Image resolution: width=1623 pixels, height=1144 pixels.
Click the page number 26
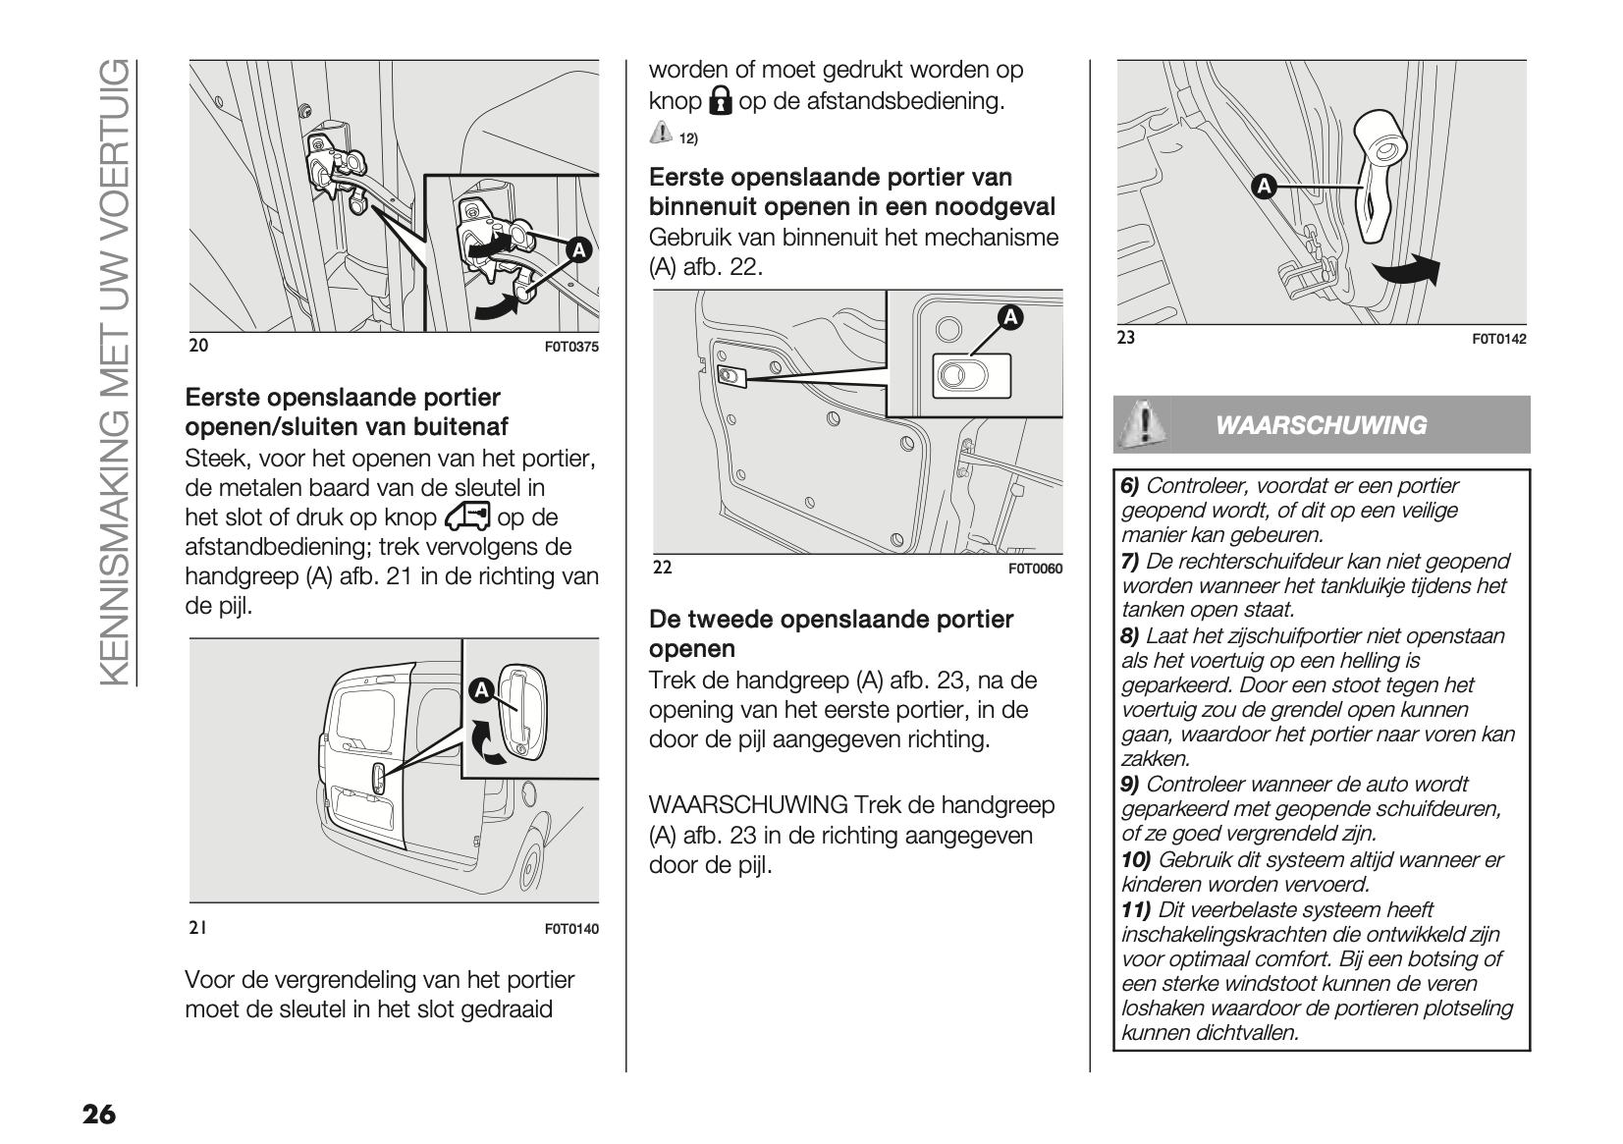(98, 1115)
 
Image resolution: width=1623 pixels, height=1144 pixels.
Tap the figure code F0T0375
(570, 347)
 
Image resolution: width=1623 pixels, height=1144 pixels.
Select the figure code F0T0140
(570, 929)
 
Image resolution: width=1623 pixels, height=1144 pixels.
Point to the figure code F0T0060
(1035, 569)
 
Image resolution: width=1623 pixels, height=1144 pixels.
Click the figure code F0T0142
(1499, 340)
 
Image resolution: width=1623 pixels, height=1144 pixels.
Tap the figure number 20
(198, 346)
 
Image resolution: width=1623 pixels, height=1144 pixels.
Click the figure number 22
(662, 568)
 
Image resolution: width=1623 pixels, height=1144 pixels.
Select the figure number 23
(1126, 338)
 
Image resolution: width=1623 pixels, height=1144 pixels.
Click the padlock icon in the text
(721, 101)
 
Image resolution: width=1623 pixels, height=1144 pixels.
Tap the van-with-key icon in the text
(466, 517)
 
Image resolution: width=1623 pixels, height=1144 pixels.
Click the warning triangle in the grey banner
(1143, 424)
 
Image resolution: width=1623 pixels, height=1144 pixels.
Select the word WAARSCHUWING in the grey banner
(1321, 425)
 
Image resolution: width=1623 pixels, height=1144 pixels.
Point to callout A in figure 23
(1263, 187)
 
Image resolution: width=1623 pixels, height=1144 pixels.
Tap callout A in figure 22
(1009, 317)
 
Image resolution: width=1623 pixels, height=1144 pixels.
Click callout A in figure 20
(579, 250)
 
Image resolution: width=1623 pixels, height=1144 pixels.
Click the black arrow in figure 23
(1406, 269)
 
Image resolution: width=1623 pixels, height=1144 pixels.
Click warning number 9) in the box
(1130, 784)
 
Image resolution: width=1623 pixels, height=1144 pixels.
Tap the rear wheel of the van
(531, 866)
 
